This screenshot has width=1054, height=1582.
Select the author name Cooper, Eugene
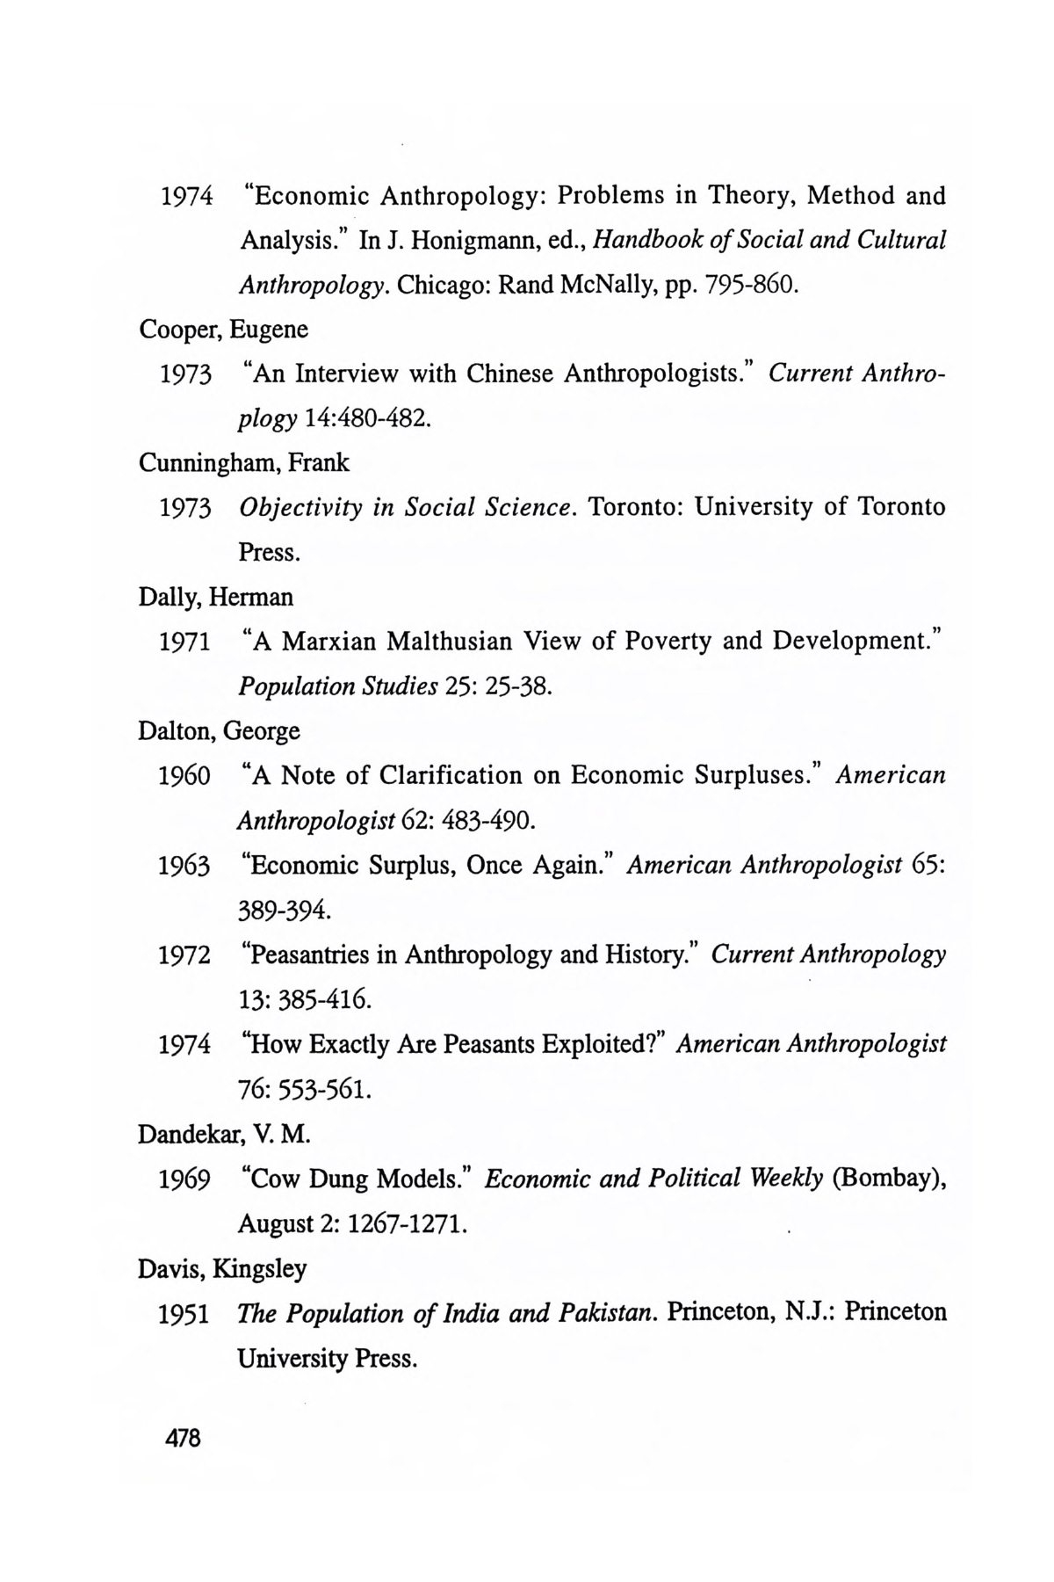pos(223,330)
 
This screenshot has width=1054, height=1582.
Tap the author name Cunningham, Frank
pos(243,462)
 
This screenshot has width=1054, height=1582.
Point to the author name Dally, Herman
pos(216,597)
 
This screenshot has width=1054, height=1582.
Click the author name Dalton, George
pos(219,730)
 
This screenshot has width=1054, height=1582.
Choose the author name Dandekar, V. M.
pos(225,1134)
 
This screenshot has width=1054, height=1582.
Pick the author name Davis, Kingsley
pos(222,1268)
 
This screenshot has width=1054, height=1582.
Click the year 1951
pos(184,1314)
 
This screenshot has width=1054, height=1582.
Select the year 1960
pos(184,776)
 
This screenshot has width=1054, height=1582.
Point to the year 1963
pos(184,866)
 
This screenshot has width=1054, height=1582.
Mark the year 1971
pos(184,642)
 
